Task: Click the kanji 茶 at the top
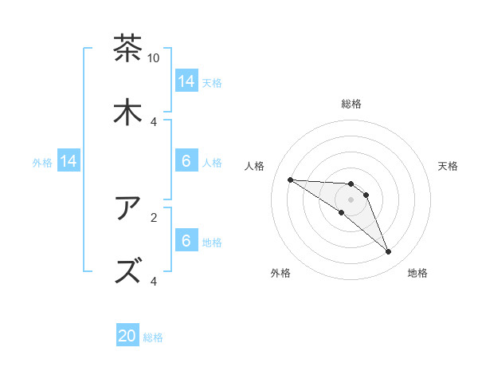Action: tap(127, 49)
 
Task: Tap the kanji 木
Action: tap(127, 112)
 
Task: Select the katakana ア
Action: tap(127, 208)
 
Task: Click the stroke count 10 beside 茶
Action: tap(154, 58)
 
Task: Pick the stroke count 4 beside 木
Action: tap(154, 121)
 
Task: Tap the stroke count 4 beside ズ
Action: tap(154, 281)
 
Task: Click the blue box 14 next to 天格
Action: tap(186, 81)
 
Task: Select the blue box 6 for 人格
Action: tap(186, 161)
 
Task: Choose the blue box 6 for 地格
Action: tap(186, 241)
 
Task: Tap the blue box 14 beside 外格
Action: tap(69, 161)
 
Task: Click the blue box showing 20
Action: tap(127, 337)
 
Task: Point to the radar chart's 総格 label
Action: tap(351, 104)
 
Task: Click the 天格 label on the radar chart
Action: tap(449, 166)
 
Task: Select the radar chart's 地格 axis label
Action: tap(417, 273)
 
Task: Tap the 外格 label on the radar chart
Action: tap(280, 273)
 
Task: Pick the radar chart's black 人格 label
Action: tap(255, 166)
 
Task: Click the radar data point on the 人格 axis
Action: tap(291, 180)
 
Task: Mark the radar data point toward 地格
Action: tap(388, 252)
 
